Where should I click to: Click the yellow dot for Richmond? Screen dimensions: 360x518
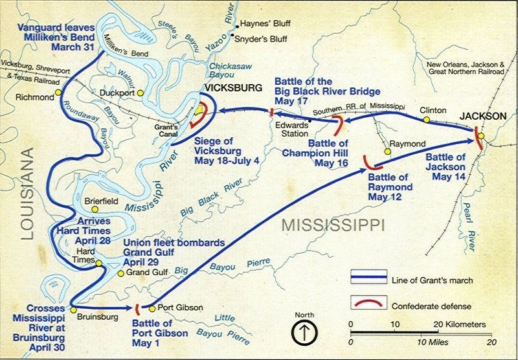click(x=58, y=92)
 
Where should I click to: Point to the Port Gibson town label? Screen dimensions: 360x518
click(x=180, y=308)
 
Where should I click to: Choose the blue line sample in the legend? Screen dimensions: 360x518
click(x=365, y=280)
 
